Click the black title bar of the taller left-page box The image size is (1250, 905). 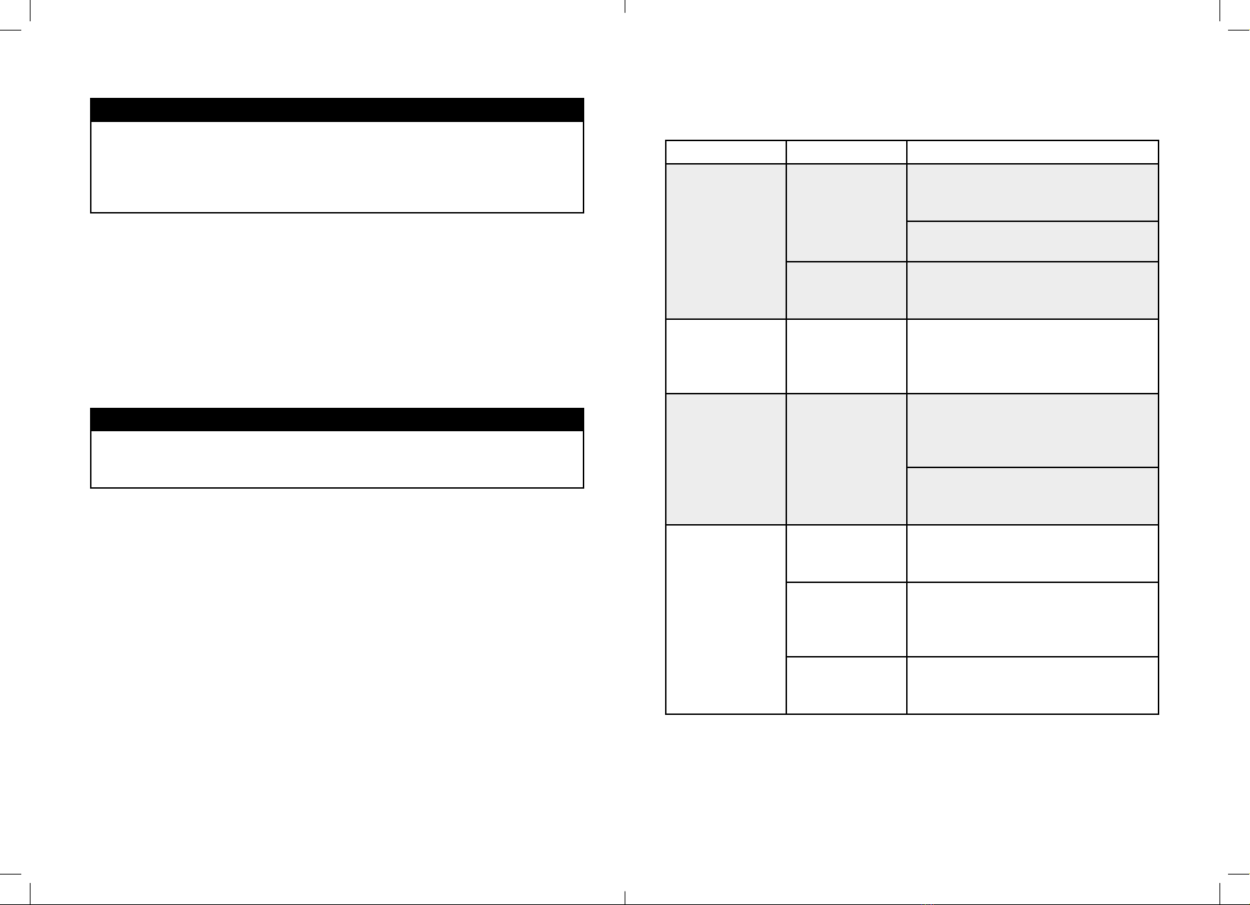[x=337, y=110]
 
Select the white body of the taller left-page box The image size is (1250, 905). [x=337, y=167]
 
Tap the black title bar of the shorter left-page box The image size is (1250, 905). [x=337, y=419]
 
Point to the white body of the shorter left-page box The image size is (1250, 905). [x=337, y=459]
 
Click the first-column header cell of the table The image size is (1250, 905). [x=725, y=152]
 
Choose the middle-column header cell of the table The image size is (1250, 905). [x=846, y=152]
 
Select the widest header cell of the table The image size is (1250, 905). [x=1032, y=152]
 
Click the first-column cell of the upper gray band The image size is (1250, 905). [x=725, y=241]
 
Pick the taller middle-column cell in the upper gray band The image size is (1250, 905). [x=846, y=213]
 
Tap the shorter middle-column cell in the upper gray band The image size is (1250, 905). [x=846, y=290]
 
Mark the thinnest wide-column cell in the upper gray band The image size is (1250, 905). [x=1032, y=241]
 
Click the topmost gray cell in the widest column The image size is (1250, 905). [x=1032, y=192]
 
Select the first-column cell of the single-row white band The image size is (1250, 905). [x=725, y=356]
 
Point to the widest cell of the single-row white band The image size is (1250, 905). [x=1032, y=356]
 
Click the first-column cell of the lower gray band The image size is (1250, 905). [x=725, y=459]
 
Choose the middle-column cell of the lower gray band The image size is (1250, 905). [x=846, y=459]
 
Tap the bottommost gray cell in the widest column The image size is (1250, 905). [x=1032, y=496]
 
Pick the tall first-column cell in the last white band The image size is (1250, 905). [x=725, y=619]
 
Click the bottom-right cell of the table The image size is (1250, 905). [x=1032, y=685]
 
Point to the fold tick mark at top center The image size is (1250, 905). [x=625, y=6]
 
